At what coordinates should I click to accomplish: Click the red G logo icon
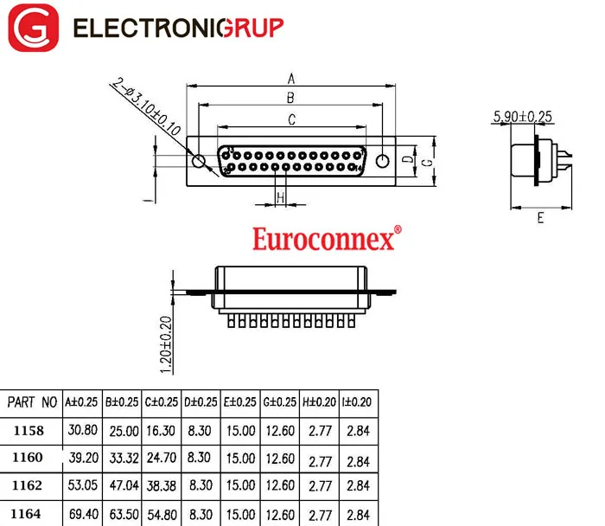tap(33, 28)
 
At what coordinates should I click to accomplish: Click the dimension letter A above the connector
tap(291, 79)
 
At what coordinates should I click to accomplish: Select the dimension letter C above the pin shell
tap(292, 119)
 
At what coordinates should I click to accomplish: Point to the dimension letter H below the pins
tap(281, 198)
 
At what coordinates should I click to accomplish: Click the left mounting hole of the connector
tap(198, 161)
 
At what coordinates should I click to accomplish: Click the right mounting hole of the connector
tap(382, 161)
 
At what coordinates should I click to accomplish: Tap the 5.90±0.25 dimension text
tap(523, 116)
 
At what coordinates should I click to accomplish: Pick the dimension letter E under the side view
tap(540, 218)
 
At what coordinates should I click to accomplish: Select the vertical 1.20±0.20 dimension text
tap(166, 344)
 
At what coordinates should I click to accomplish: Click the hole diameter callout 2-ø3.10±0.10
tap(147, 106)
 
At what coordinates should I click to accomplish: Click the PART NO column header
tap(32, 402)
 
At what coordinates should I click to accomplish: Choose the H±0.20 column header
tap(319, 402)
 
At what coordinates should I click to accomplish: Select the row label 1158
tap(29, 431)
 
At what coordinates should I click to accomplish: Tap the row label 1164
tap(26, 514)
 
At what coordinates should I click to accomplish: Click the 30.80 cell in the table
tap(83, 430)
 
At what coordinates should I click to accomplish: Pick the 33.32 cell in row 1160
tap(124, 459)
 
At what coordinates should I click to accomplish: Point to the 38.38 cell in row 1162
tap(162, 486)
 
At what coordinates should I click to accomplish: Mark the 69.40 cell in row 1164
tap(84, 514)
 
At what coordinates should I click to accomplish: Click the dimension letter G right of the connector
tap(428, 163)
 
